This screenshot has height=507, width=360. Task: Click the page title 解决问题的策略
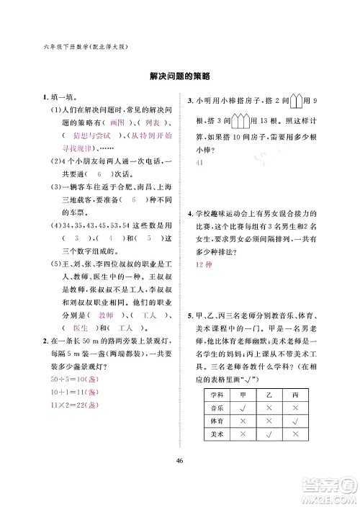click(x=180, y=76)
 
